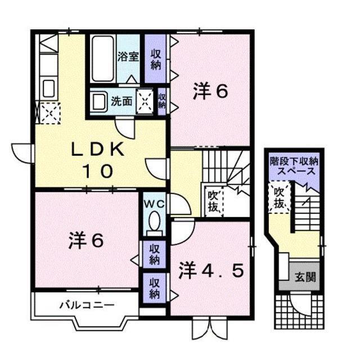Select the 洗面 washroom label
(x=121, y=102)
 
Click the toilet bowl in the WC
(x=152, y=223)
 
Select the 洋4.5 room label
(x=211, y=271)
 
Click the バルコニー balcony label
(x=87, y=305)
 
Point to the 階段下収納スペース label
(x=293, y=165)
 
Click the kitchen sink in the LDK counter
(x=48, y=88)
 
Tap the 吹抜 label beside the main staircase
(x=213, y=201)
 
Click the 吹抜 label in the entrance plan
(x=279, y=199)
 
